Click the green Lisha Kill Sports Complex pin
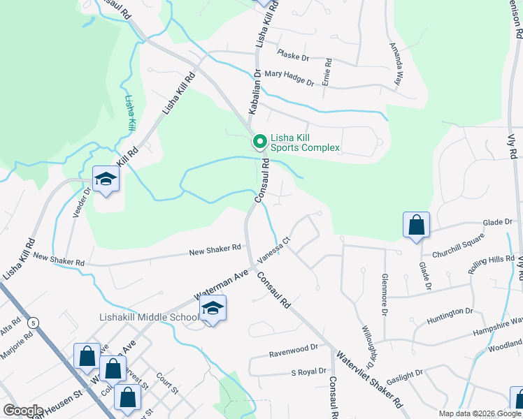click(259, 142)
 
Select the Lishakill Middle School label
click(148, 318)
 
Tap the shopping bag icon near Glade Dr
click(416, 225)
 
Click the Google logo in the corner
click(23, 411)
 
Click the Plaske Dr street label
click(293, 54)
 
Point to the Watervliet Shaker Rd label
click(369, 376)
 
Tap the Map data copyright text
click(478, 413)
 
